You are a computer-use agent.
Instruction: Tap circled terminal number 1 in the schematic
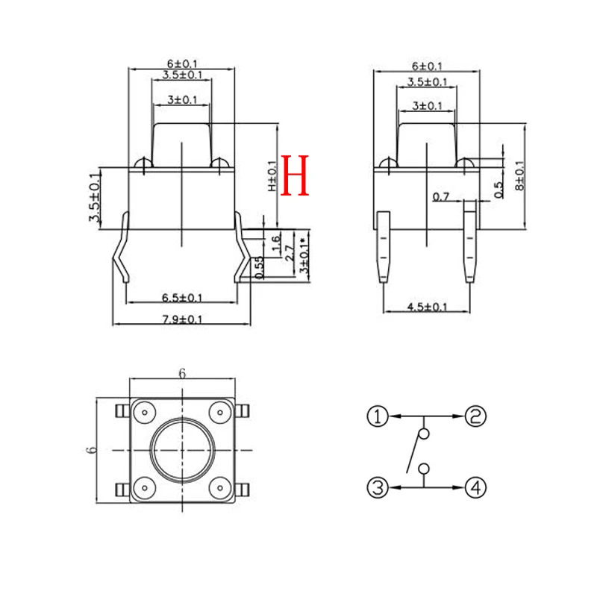[x=378, y=416]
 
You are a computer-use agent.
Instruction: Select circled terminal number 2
[x=475, y=416]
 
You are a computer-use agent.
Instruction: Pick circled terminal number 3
[x=378, y=488]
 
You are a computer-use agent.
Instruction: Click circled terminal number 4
[x=475, y=488]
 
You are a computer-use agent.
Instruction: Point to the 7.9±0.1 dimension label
[x=183, y=319]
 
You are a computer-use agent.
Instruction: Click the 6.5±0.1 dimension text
[x=183, y=297]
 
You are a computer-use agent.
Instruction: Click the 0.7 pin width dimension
[x=441, y=197]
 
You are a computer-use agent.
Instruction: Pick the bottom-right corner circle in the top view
[x=219, y=488]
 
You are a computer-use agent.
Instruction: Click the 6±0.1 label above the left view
[x=183, y=63]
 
